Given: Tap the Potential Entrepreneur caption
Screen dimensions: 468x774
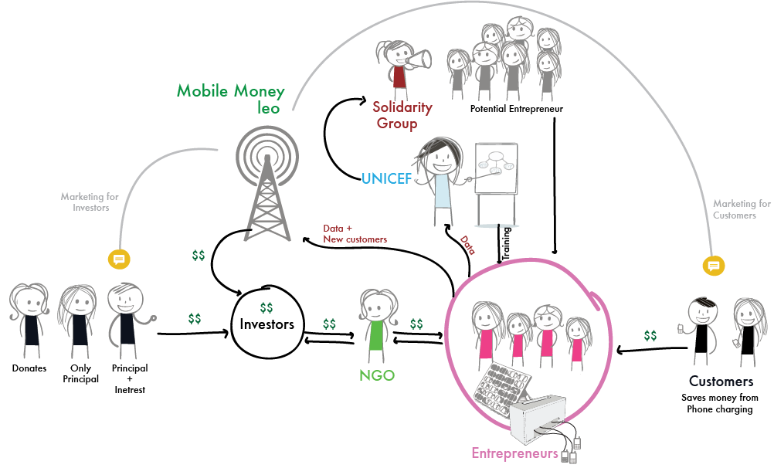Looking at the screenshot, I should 516,109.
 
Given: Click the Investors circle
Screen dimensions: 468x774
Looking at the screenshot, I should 266,323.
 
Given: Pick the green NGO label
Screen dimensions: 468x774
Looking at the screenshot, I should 377,376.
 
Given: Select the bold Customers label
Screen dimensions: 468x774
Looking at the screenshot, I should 721,382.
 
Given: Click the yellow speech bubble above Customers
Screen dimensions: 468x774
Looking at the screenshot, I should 714,266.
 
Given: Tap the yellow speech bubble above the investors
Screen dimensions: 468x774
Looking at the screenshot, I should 119,259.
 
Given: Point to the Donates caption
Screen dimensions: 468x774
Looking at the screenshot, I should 29,368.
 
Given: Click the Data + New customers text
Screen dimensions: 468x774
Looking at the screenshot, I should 355,234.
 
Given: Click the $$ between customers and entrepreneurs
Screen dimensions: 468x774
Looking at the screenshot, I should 650,335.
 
